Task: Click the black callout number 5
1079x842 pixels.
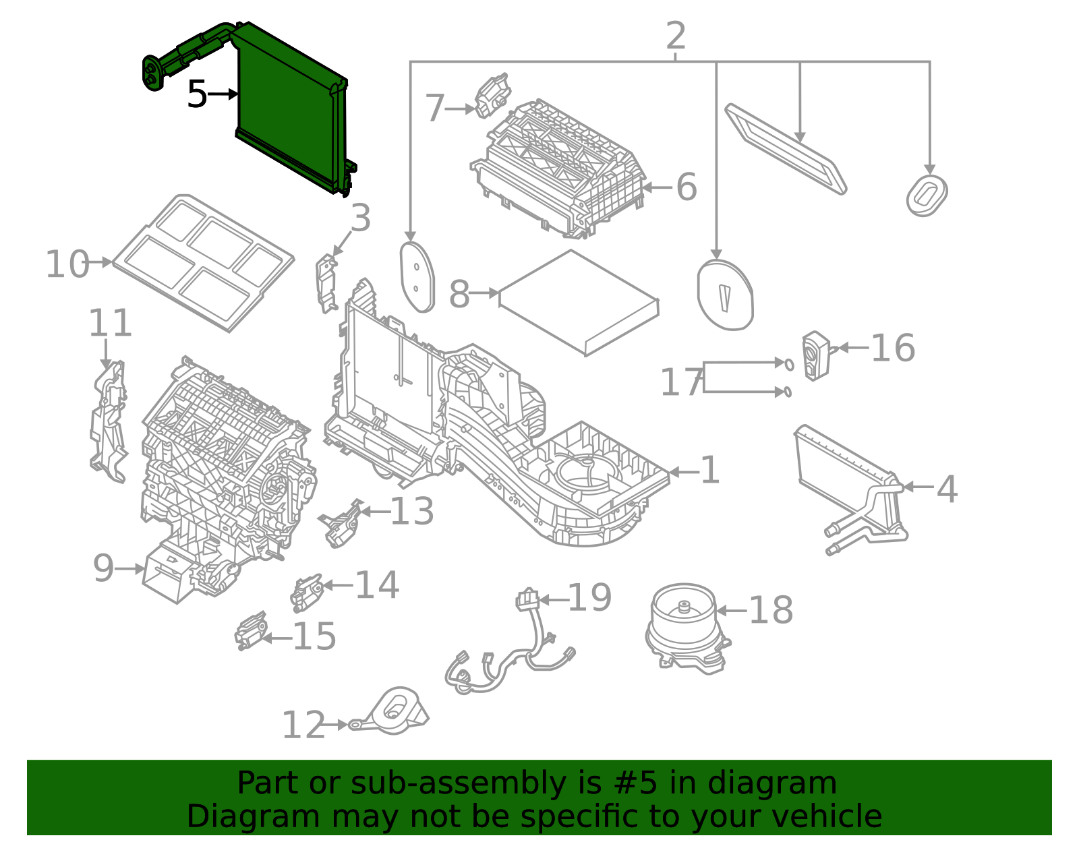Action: tap(196, 94)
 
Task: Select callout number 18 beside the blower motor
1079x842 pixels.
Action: tap(771, 611)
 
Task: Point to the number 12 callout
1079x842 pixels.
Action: tap(303, 726)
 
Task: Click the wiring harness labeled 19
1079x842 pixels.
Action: tap(513, 661)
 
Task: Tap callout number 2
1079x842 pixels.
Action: tap(675, 36)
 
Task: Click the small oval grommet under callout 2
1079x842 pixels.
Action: tap(927, 196)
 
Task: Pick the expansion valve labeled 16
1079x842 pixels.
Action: tap(815, 355)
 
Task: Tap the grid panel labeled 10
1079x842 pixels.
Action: tap(202, 263)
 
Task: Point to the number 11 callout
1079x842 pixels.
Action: tap(110, 324)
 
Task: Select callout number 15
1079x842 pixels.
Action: tap(314, 636)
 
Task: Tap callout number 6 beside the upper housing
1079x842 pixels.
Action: tap(686, 187)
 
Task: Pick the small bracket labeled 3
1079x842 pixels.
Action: tap(327, 283)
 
